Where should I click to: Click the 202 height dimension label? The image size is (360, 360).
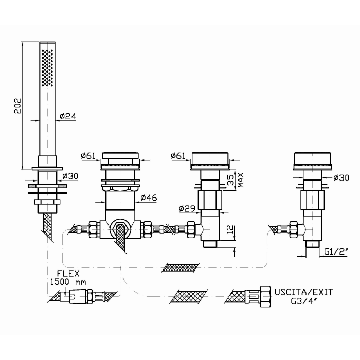17,106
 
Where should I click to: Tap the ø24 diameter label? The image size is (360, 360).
68,116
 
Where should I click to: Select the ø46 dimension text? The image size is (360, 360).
149,197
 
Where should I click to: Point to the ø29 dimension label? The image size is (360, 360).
187,208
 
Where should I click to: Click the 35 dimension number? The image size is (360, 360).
232,180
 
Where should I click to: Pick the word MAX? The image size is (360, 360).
240,180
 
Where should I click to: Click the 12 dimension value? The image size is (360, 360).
231,229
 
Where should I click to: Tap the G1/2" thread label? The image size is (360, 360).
336,252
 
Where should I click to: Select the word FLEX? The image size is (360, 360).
68,274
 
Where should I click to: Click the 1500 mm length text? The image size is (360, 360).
68,282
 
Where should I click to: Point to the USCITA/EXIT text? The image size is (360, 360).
304,292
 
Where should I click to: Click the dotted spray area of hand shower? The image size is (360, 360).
47,68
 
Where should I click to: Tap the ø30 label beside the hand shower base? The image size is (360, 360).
70,176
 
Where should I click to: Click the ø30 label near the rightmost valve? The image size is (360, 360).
341,177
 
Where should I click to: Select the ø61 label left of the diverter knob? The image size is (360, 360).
88,156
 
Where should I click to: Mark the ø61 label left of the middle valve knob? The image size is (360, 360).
178,156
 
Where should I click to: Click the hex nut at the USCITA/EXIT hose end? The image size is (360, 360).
265,297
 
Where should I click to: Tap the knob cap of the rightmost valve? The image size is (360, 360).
312,158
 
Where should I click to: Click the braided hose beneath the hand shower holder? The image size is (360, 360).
48,227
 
